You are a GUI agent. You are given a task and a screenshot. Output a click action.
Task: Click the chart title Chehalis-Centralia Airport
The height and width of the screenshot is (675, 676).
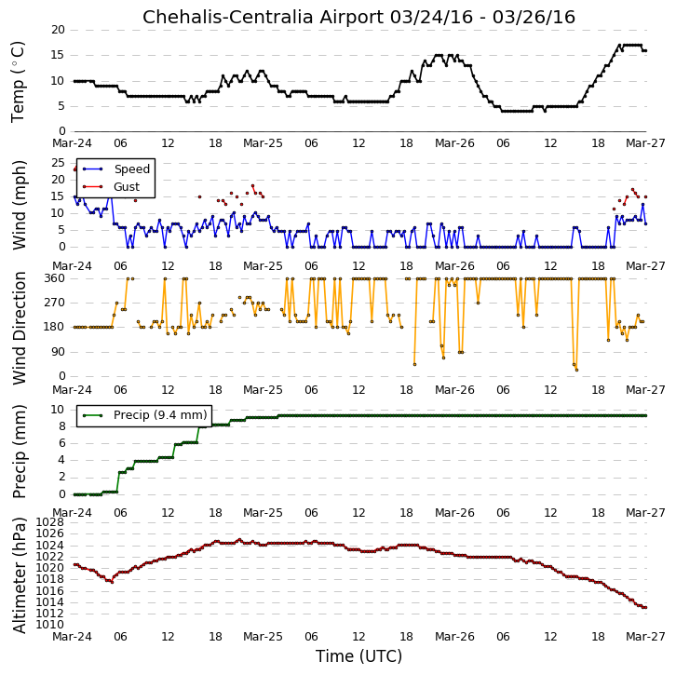tap(264, 18)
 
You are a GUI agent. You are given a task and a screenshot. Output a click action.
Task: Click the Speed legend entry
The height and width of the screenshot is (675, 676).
tap(116, 169)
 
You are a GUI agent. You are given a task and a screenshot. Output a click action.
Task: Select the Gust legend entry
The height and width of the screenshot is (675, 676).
tap(111, 186)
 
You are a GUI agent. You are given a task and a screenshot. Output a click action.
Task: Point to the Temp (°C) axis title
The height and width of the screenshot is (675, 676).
tap(18, 82)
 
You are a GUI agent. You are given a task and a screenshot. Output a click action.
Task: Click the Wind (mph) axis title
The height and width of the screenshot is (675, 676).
tap(19, 205)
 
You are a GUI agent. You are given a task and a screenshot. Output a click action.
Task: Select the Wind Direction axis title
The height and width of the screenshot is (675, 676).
tap(19, 329)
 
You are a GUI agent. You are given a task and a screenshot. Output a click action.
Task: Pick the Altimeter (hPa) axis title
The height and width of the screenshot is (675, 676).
tap(19, 576)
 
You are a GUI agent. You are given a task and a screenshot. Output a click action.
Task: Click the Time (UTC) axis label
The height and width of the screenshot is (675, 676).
tap(358, 656)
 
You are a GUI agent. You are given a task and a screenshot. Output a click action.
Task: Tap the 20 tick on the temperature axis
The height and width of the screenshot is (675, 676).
tap(58, 30)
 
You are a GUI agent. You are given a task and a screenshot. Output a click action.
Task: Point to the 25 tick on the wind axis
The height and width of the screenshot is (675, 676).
tap(58, 163)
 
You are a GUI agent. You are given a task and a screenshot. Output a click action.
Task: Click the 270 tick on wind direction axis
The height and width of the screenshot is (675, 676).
tap(54, 303)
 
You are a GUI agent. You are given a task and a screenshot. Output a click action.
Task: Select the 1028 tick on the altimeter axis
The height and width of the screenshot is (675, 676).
tap(50, 522)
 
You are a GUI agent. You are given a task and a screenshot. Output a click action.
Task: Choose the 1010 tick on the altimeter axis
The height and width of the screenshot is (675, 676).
tap(50, 625)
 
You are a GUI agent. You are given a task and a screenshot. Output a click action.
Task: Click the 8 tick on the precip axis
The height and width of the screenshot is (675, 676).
tap(61, 426)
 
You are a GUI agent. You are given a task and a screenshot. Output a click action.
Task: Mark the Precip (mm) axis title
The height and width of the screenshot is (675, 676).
tap(19, 452)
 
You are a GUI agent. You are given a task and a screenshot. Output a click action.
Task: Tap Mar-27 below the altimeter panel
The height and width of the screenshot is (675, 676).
tap(645, 637)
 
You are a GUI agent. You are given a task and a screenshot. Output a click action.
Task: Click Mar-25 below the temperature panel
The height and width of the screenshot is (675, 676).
tap(263, 143)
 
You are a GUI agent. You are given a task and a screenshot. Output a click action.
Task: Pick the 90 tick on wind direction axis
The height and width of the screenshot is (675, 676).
tap(58, 352)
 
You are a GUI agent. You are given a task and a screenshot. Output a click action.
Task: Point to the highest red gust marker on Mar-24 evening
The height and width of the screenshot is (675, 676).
tap(252, 186)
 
